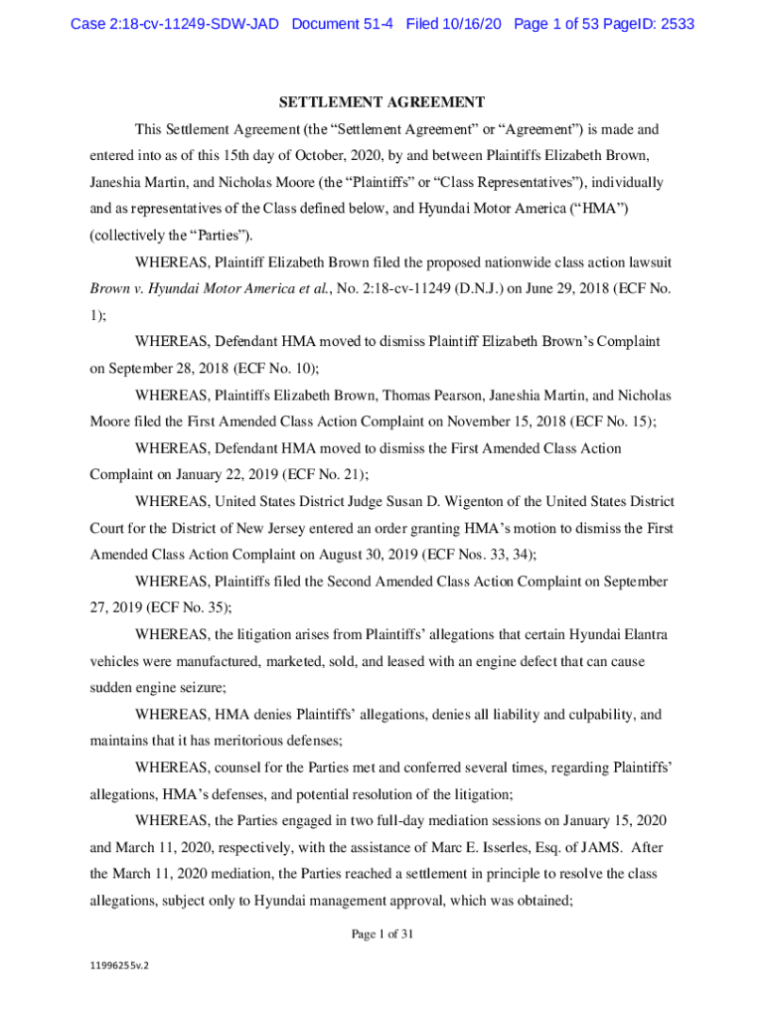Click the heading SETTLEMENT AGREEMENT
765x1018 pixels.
point(382,101)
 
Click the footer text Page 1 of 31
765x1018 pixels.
point(382,933)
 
